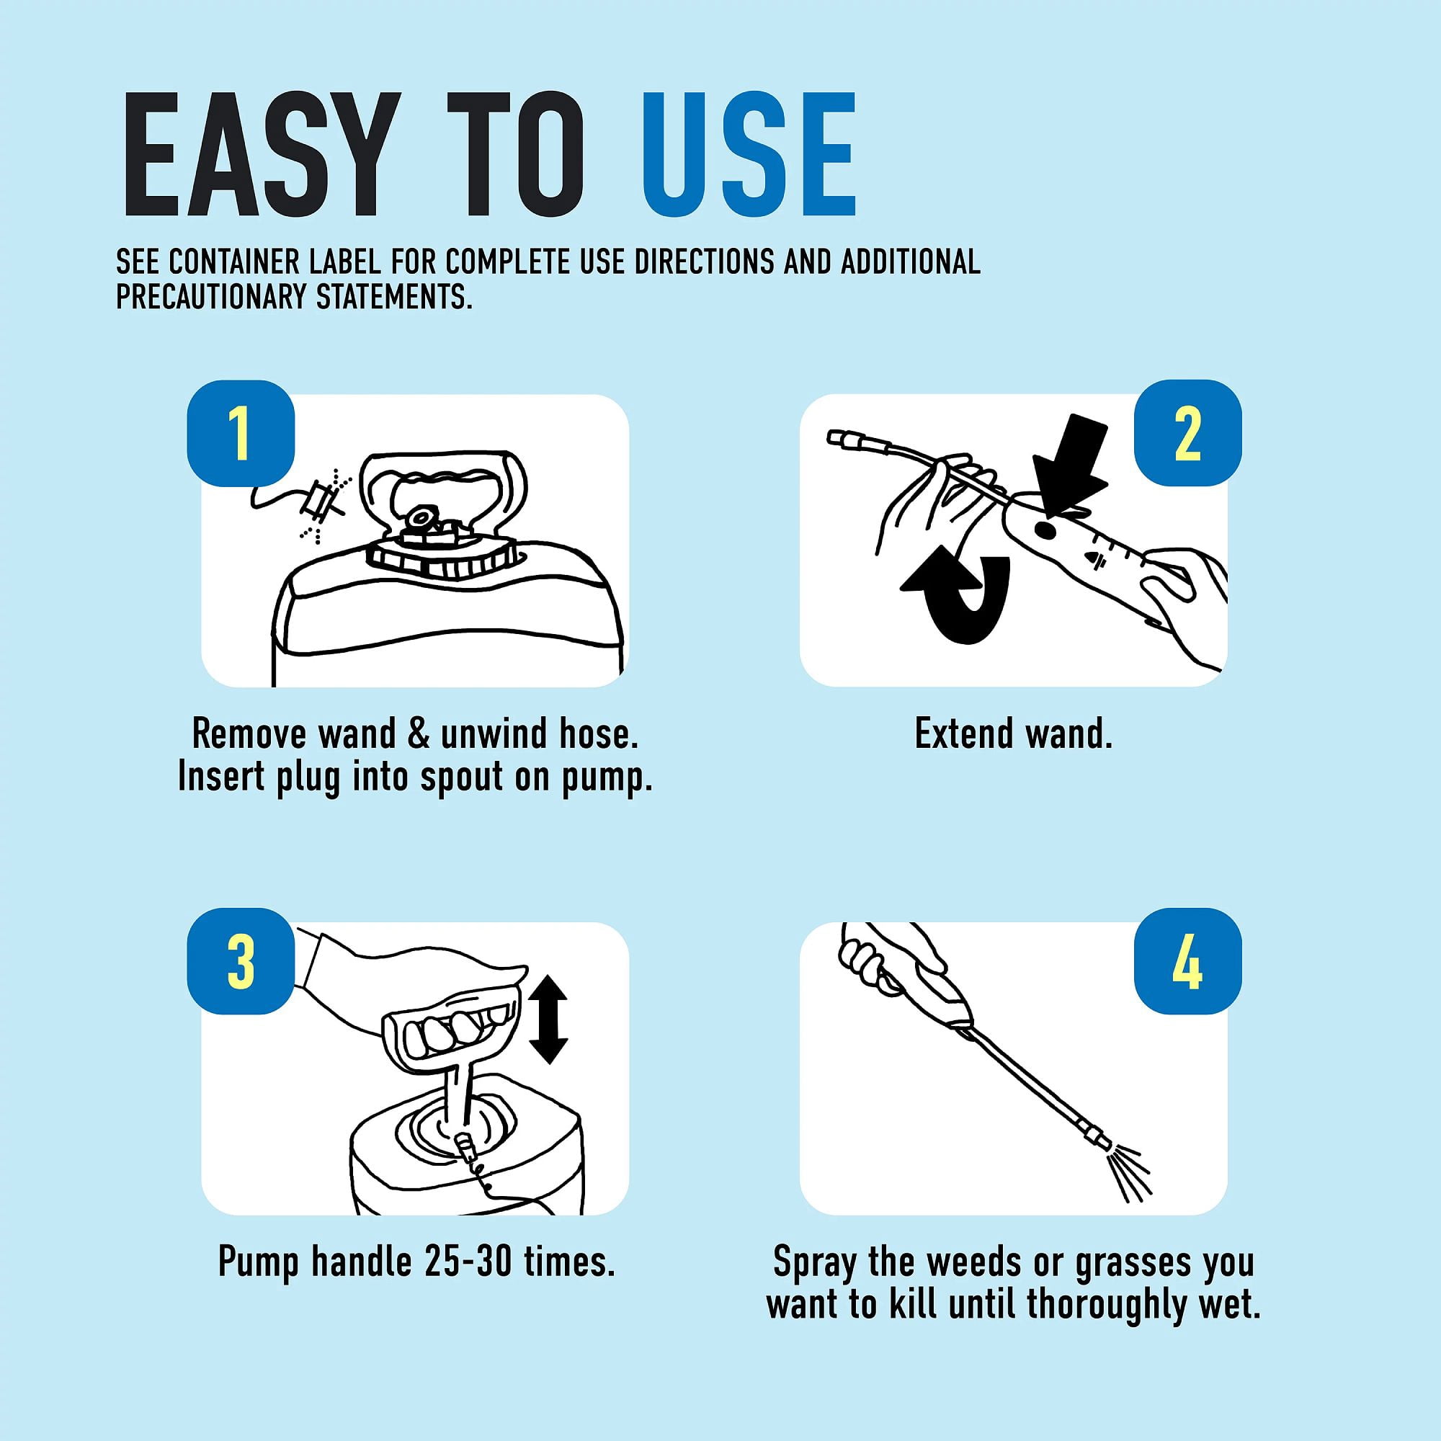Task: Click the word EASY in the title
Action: pyautogui.click(x=257, y=154)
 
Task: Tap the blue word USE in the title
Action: pyautogui.click(x=748, y=154)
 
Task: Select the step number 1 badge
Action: pyautogui.click(x=240, y=433)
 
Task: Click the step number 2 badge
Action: pyautogui.click(x=1187, y=433)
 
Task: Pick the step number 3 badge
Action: pyautogui.click(x=240, y=961)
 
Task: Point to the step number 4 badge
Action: pyautogui.click(x=1187, y=961)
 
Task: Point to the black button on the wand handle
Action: pyautogui.click(x=1045, y=530)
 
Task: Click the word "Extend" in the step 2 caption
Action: pyautogui.click(x=965, y=734)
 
